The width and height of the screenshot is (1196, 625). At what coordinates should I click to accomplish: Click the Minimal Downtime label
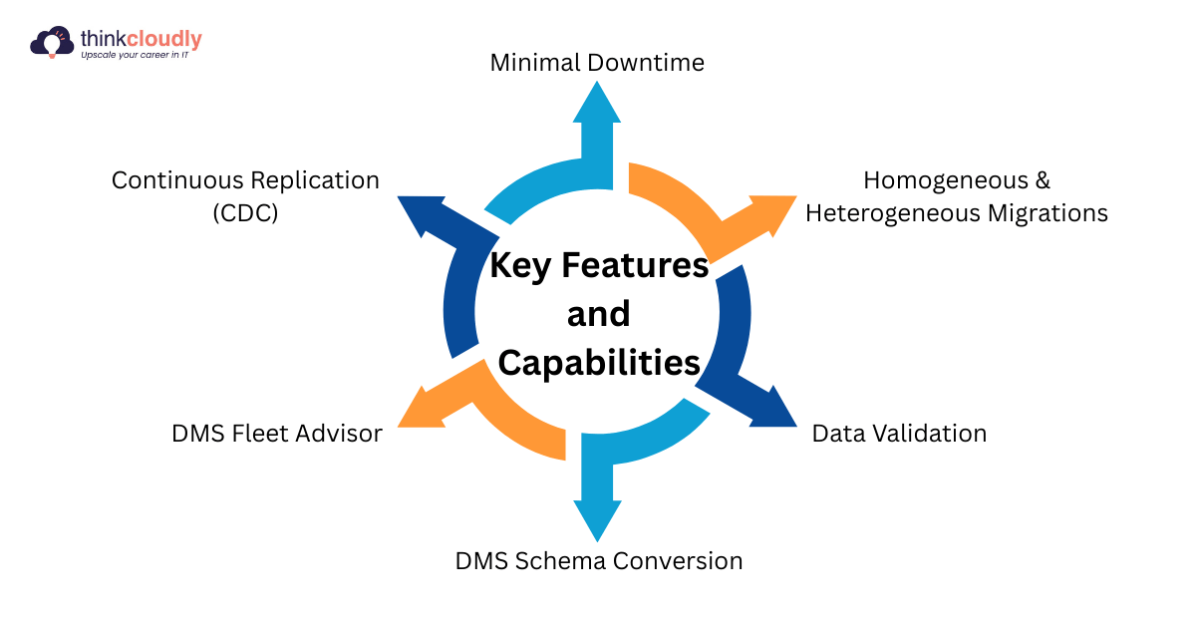tap(597, 63)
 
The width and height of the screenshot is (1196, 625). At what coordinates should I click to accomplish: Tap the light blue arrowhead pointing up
tap(597, 105)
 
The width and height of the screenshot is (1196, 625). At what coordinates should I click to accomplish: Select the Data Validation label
tap(899, 434)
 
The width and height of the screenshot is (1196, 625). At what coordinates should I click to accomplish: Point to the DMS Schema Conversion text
tap(599, 560)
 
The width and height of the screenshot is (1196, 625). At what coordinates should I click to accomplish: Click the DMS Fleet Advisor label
tap(277, 434)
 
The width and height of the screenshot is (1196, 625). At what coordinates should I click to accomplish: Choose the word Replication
tap(316, 180)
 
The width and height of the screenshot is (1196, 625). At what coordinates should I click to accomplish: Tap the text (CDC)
tap(245, 213)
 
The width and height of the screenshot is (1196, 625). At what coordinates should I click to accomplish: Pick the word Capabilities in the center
tap(599, 363)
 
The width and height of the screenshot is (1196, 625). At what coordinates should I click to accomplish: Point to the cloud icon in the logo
tap(50, 43)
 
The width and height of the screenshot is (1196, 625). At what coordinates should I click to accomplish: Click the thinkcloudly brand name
tap(141, 39)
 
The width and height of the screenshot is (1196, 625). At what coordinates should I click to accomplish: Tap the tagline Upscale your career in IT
tap(141, 57)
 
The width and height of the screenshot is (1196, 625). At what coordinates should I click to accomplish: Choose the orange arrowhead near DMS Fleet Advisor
tap(424, 409)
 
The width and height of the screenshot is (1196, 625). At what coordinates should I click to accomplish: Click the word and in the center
tap(598, 314)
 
